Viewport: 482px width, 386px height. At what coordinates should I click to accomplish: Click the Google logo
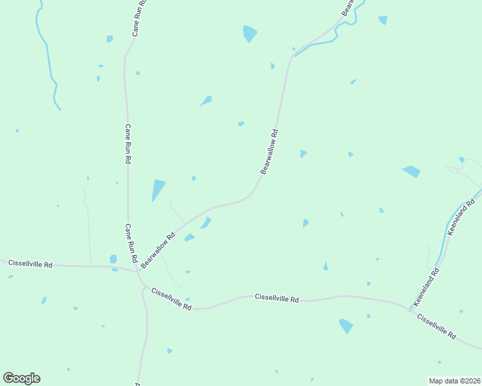pyautogui.click(x=21, y=378)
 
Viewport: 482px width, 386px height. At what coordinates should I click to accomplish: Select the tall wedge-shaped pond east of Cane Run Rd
pyautogui.click(x=157, y=189)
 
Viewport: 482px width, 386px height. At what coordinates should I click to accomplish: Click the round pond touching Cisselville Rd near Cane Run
pyautogui.click(x=113, y=259)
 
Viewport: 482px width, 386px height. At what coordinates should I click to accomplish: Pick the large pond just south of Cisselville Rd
pyautogui.click(x=346, y=326)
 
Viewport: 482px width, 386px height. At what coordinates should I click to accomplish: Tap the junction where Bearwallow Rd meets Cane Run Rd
pyautogui.click(x=139, y=271)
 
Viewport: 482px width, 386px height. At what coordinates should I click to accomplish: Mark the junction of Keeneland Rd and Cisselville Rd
pyautogui.click(x=410, y=308)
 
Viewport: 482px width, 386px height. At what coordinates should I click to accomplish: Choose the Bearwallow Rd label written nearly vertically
pyautogui.click(x=269, y=152)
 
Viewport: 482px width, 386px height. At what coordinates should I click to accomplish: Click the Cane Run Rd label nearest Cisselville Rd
pyautogui.click(x=131, y=244)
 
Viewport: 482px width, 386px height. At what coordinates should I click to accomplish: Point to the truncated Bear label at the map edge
pyautogui.click(x=348, y=7)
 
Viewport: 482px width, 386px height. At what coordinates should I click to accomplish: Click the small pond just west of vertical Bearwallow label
pyautogui.click(x=241, y=124)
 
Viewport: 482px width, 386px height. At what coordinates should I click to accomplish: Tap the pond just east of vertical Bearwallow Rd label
pyautogui.click(x=303, y=153)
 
